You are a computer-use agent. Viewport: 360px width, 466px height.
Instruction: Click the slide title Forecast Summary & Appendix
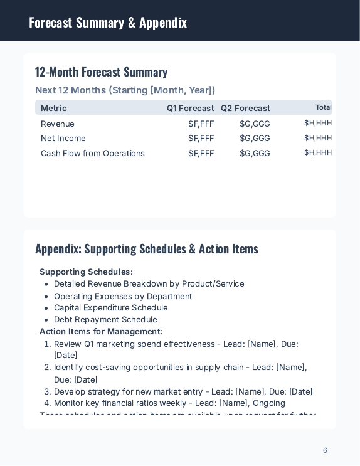click(x=108, y=23)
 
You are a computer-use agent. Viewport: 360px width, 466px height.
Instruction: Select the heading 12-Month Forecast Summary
click(x=101, y=72)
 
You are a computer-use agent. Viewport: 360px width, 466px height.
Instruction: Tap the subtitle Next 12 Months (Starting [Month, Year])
click(x=125, y=90)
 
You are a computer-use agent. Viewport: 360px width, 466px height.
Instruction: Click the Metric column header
click(x=54, y=108)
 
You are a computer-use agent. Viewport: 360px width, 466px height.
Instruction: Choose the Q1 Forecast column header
click(x=190, y=108)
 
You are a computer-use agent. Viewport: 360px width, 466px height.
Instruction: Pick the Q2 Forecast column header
click(x=245, y=108)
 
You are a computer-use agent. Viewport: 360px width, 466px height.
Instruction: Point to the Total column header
click(x=323, y=107)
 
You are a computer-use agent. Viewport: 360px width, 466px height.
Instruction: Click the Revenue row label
click(x=58, y=124)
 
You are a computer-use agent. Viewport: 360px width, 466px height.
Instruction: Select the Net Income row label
click(x=63, y=138)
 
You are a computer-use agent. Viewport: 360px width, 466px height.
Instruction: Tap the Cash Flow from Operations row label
click(x=93, y=153)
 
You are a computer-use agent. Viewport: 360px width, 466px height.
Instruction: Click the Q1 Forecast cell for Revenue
click(x=201, y=124)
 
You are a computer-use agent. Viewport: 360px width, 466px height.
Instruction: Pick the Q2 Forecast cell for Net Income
click(x=255, y=138)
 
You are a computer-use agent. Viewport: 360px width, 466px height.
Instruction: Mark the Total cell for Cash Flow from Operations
click(x=318, y=152)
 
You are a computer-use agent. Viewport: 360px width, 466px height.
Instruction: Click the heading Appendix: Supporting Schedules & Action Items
click(x=146, y=249)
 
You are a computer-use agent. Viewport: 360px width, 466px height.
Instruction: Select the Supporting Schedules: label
click(x=86, y=272)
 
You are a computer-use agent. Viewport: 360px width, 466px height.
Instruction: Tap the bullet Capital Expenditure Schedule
click(x=110, y=307)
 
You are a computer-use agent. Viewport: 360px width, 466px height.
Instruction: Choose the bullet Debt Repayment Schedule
click(x=105, y=319)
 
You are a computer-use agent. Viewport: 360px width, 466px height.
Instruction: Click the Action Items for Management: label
click(x=101, y=331)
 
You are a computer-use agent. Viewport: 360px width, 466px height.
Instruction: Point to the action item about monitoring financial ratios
click(x=169, y=403)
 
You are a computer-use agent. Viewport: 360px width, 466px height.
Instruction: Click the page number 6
click(x=325, y=450)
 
